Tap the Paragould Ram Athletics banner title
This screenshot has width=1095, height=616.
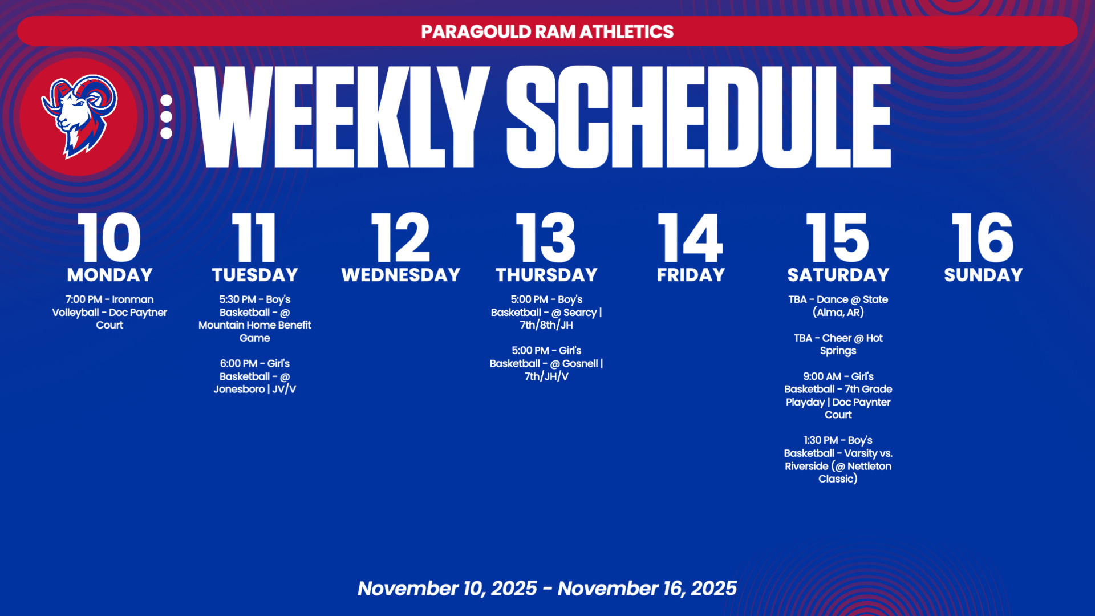click(x=547, y=31)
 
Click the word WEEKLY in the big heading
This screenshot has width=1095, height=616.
click(x=342, y=117)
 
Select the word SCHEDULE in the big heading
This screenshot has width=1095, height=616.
click(x=699, y=117)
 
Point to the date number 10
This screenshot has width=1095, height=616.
click(x=109, y=237)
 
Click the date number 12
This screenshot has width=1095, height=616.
click(x=401, y=237)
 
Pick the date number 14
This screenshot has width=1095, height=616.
click(x=691, y=237)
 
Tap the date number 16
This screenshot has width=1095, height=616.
click(x=983, y=237)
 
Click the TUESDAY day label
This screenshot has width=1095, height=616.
click(x=255, y=275)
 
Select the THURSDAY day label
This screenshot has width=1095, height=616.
click(x=546, y=275)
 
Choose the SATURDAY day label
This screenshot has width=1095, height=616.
click(x=838, y=275)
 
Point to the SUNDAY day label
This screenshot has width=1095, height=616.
click(x=983, y=275)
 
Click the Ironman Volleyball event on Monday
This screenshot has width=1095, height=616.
click(x=109, y=312)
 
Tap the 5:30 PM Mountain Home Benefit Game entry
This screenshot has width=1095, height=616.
click(x=255, y=318)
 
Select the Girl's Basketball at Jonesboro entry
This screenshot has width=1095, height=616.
click(x=255, y=376)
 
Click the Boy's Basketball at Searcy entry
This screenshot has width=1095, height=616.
click(x=546, y=312)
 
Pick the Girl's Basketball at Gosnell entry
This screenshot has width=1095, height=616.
click(x=546, y=363)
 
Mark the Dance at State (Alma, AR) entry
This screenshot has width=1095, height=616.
click(x=838, y=306)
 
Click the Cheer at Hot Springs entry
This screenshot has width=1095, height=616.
click(x=838, y=344)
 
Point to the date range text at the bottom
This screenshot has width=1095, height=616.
click(x=547, y=588)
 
